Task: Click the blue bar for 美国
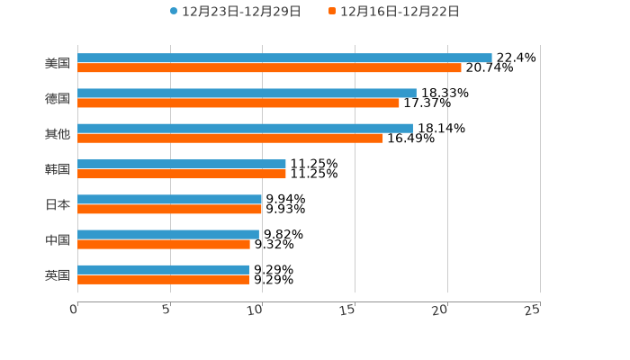click(284, 58)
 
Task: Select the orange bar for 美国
click(269, 67)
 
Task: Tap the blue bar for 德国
click(247, 93)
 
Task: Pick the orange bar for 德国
click(238, 103)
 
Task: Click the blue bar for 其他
click(245, 128)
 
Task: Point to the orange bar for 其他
click(230, 138)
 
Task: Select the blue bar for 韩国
click(182, 164)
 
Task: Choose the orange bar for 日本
click(170, 209)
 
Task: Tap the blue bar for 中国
click(168, 234)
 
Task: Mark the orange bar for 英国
click(164, 279)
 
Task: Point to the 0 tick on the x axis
click(75, 310)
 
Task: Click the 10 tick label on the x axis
click(256, 310)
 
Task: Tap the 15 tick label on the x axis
click(349, 310)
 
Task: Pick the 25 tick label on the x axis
click(533, 310)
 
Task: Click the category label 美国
click(58, 63)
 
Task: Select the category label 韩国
click(58, 169)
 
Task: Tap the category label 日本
click(58, 204)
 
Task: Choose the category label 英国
click(58, 274)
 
